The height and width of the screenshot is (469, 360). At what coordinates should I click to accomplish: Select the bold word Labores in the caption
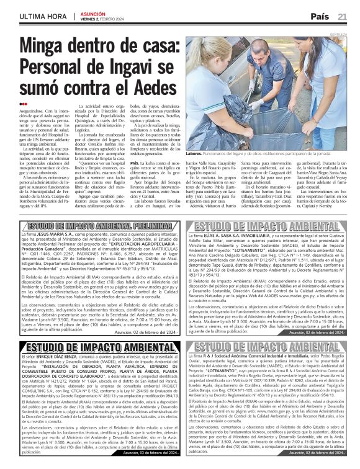click(x=194, y=153)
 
